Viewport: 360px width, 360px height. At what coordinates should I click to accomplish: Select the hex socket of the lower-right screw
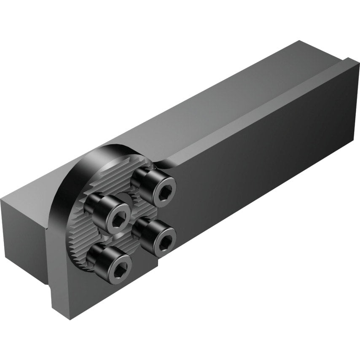point(166,239)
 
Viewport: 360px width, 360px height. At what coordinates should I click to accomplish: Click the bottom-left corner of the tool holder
point(53,306)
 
